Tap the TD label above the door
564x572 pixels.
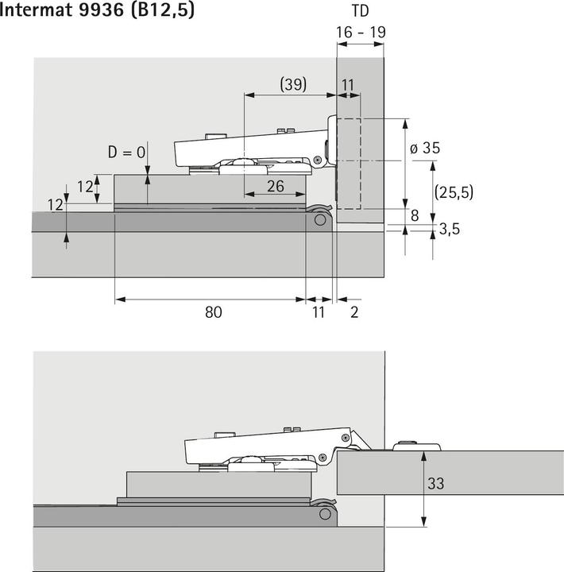(x=360, y=13)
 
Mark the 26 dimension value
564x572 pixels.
(x=275, y=185)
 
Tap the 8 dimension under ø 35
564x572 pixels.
(x=415, y=214)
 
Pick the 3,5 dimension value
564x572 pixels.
(x=450, y=230)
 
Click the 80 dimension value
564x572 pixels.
(x=212, y=312)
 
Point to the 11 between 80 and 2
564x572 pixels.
(x=319, y=312)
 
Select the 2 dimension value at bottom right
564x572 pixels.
(x=354, y=312)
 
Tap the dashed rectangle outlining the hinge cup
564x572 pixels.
(x=349, y=164)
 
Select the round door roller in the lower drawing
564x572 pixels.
(x=325, y=514)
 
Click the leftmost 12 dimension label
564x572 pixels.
(x=55, y=205)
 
